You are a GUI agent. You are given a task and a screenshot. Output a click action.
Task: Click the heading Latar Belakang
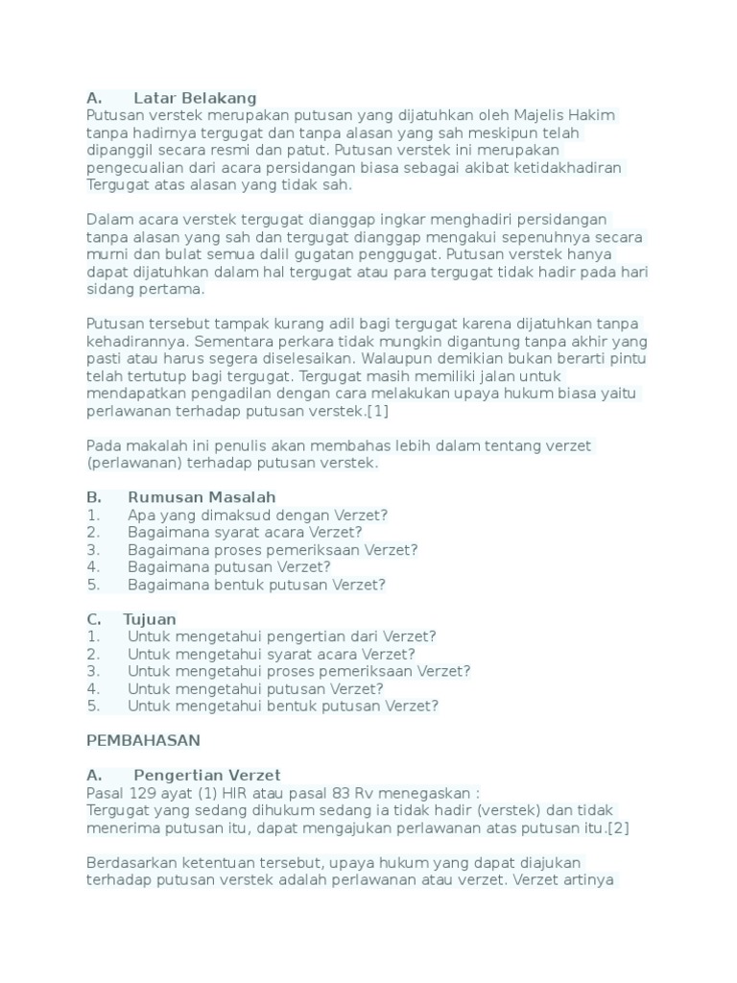[195, 98]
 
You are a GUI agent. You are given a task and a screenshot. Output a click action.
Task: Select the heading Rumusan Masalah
[201, 497]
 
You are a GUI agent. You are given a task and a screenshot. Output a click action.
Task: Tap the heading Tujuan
[150, 619]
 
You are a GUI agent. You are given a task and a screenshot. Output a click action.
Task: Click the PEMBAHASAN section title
[143, 741]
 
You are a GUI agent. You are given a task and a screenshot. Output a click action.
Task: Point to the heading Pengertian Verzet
[206, 776]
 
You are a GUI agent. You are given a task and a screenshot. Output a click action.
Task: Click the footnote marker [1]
[376, 411]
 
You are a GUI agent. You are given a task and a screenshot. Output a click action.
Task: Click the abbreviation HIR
[235, 793]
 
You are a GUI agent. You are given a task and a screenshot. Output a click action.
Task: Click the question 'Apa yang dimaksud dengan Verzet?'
[257, 515]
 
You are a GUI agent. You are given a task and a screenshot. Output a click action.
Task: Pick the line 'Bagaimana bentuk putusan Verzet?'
[256, 585]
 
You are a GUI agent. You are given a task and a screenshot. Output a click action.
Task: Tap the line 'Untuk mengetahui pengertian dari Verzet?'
[281, 636]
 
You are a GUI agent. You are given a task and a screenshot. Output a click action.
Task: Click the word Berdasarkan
[131, 863]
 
